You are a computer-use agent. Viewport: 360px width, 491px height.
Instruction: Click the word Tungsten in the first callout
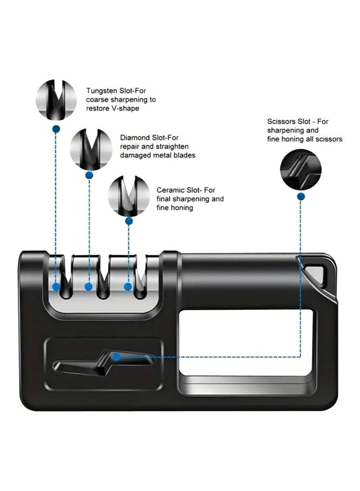[101, 91]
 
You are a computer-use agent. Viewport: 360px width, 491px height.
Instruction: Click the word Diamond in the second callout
[134, 138]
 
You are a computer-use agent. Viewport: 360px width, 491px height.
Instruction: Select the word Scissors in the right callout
[281, 121]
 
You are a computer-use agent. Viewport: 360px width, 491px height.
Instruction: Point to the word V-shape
[125, 108]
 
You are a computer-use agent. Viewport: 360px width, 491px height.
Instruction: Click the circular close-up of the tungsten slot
[56, 100]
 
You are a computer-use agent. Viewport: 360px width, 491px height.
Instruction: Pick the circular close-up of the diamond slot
[91, 149]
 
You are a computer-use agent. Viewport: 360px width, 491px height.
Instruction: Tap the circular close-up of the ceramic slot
[129, 196]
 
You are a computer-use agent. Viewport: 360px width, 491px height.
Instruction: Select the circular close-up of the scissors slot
[301, 169]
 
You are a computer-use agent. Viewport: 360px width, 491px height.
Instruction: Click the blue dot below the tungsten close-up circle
[56, 129]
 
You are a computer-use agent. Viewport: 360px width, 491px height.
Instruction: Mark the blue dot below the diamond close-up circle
[89, 175]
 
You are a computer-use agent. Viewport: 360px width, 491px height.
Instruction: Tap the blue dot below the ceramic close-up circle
[129, 221]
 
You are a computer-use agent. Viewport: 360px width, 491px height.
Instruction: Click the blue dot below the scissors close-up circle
[301, 196]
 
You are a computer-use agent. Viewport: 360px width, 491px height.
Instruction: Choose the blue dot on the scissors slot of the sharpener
[117, 357]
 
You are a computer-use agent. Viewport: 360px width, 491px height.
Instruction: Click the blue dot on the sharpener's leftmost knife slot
[56, 287]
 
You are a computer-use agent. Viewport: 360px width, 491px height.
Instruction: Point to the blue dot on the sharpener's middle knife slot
[89, 287]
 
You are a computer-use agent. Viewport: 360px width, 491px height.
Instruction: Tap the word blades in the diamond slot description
[184, 155]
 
